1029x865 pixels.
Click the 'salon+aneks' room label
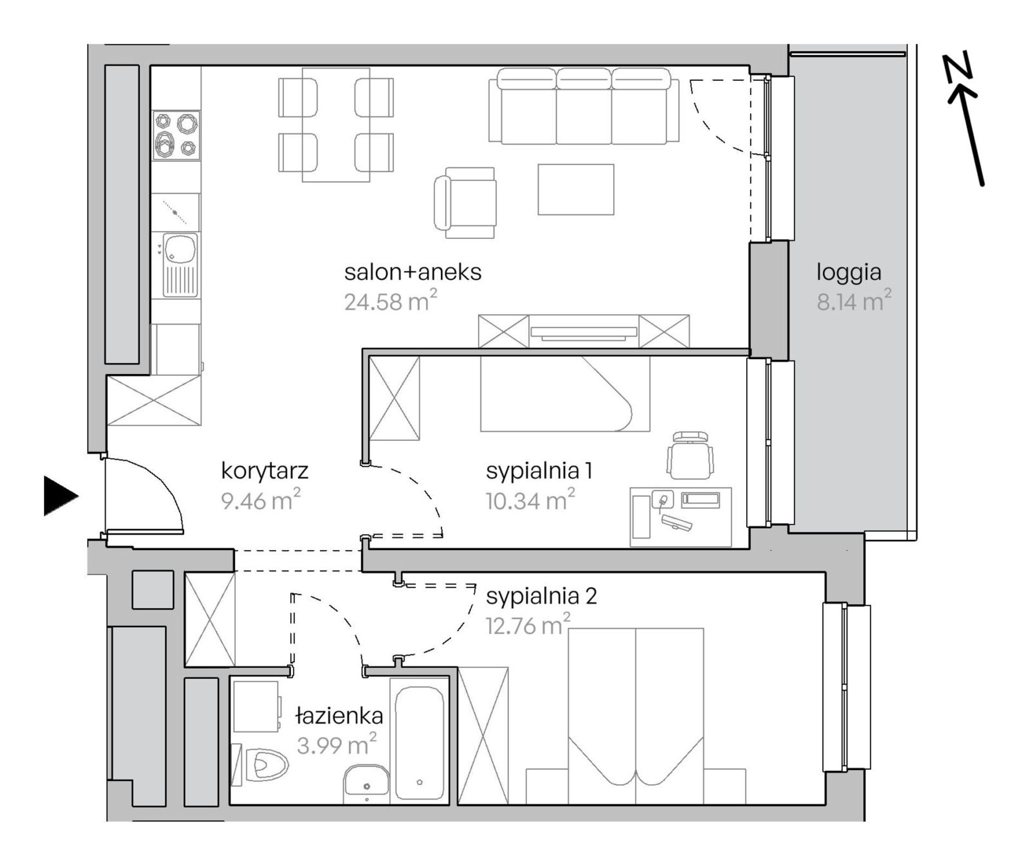pos(413,272)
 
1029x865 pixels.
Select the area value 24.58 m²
pos(390,301)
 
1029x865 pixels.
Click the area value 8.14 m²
pos(854,301)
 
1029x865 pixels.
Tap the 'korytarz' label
pos(265,471)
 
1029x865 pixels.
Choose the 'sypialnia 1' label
pos(539,471)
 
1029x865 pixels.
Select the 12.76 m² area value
pos(528,625)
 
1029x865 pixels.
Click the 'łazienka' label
pos(339,716)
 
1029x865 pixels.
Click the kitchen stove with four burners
pos(176,135)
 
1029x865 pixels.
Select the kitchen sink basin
pos(180,249)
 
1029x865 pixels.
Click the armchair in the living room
pos(465,203)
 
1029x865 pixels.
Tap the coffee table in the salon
pos(576,190)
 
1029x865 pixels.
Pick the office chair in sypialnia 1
pos(689,455)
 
